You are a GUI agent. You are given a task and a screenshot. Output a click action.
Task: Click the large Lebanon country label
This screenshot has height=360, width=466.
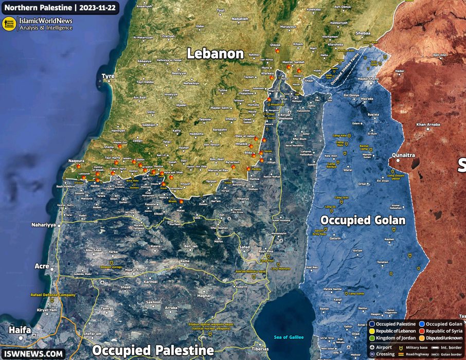[215, 53]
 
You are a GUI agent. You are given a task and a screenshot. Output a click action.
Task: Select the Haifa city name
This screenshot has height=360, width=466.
[19, 330]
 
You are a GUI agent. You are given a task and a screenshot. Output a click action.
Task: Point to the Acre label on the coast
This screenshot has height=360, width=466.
[41, 266]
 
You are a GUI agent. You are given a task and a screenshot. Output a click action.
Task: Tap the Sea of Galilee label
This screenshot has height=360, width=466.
[288, 337]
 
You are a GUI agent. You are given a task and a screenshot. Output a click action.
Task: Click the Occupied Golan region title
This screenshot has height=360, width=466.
[363, 220]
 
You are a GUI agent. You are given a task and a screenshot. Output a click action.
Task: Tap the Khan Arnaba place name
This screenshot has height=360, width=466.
[428, 124]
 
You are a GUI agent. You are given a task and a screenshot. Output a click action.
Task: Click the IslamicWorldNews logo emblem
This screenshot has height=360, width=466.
[9, 24]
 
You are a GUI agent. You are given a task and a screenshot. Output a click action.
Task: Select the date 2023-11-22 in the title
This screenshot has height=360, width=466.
[95, 7]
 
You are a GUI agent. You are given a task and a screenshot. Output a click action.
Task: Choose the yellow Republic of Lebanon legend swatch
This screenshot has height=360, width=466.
[372, 332]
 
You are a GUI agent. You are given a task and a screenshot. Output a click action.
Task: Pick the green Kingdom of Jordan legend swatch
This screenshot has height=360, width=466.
[372, 339]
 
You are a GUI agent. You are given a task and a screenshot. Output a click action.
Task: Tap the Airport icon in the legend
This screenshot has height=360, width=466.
[373, 347]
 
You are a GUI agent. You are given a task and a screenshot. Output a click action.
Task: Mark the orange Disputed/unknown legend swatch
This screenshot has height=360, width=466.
[422, 339]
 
